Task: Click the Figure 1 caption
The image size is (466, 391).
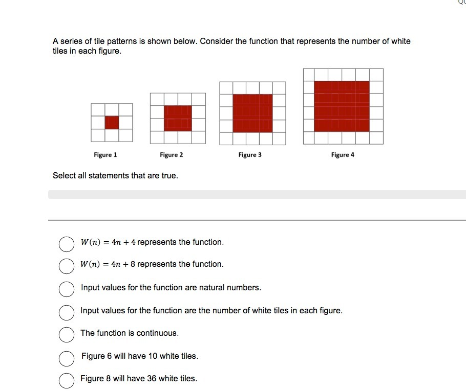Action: tap(105, 155)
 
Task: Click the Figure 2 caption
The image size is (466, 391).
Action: tap(171, 155)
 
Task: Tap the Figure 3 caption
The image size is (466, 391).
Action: tap(250, 155)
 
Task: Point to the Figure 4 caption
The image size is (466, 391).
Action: tap(343, 155)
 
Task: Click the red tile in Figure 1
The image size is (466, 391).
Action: tap(112, 123)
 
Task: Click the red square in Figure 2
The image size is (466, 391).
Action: tap(178, 118)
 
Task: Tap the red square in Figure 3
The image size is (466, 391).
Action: tap(252, 113)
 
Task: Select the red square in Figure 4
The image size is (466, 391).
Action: tap(342, 106)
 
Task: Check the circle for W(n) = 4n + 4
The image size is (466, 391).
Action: tap(66, 244)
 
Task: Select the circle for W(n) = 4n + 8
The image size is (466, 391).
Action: tap(66, 266)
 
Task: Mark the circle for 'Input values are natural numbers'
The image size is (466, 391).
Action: tap(66, 289)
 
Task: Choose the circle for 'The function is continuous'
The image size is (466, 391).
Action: tap(66, 335)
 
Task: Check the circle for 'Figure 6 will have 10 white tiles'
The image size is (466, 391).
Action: tap(66, 358)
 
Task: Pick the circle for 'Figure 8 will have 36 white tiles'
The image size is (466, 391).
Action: tap(66, 380)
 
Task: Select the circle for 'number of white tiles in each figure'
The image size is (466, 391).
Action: tap(66, 312)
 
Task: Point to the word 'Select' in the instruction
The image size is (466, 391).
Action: tap(65, 176)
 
